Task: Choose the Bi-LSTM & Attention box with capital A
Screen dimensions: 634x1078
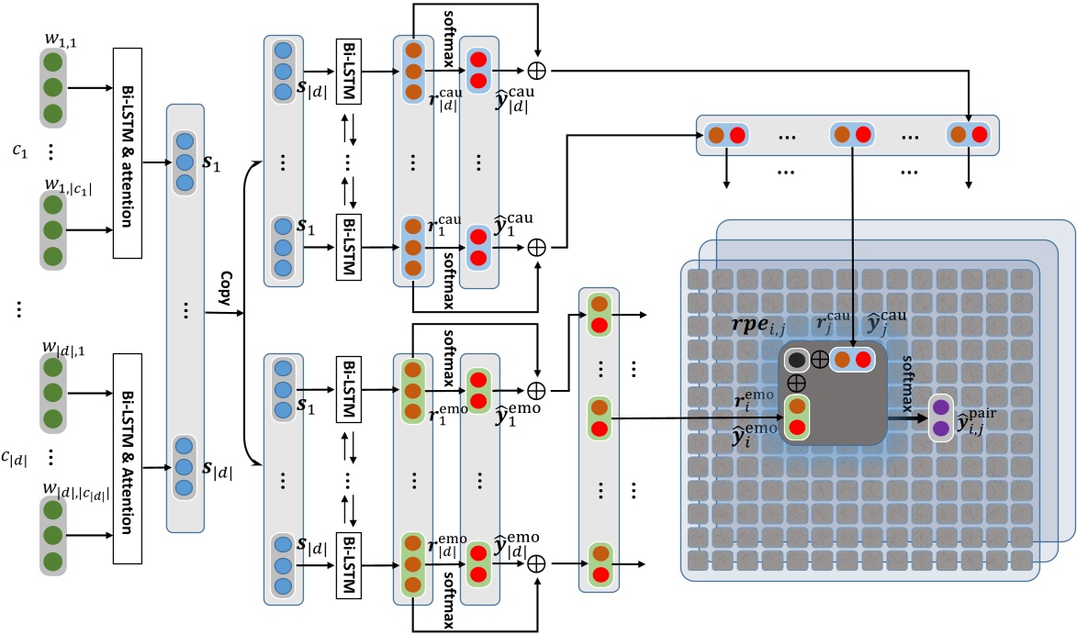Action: click(x=129, y=446)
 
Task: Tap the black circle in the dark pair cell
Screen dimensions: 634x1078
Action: click(x=795, y=361)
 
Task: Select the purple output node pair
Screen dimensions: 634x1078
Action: click(x=941, y=417)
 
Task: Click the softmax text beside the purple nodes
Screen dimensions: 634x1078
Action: click(x=908, y=381)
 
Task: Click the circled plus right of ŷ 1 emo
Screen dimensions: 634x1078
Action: click(x=537, y=390)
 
